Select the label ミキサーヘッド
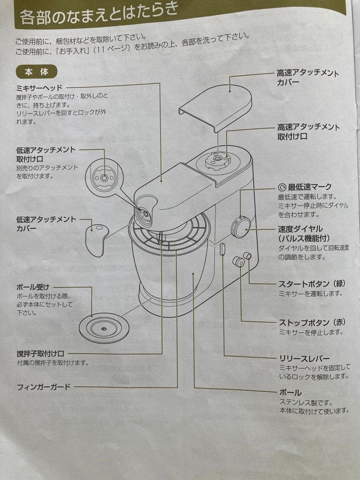[x=40, y=88]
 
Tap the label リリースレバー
[x=304, y=358]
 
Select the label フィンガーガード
[x=44, y=387]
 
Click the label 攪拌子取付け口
[x=40, y=354]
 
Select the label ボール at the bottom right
[x=290, y=392]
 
